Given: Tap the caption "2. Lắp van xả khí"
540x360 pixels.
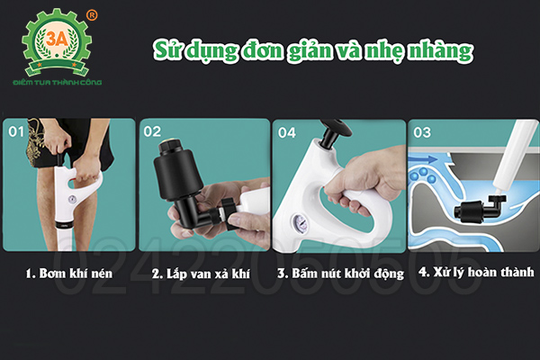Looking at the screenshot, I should tap(201, 271).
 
